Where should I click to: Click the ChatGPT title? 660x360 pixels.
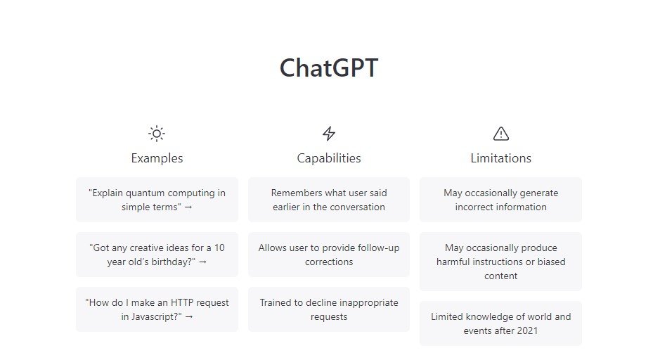(x=329, y=69)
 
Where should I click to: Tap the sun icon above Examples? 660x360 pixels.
(x=157, y=133)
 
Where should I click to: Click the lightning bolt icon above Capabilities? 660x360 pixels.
(x=329, y=133)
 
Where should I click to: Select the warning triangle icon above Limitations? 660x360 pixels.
(x=501, y=133)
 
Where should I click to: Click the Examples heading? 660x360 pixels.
(x=157, y=158)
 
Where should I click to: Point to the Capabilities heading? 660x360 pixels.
(x=329, y=158)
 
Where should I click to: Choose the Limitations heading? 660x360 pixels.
(x=501, y=158)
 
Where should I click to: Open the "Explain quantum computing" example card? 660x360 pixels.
(x=157, y=200)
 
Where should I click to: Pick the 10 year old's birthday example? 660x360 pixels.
(x=157, y=255)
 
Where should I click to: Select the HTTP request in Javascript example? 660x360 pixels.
(x=157, y=309)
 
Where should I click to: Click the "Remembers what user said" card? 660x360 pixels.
(x=329, y=200)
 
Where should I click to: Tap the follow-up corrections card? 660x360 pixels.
(x=329, y=255)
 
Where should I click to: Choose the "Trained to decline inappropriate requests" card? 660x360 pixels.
(x=329, y=309)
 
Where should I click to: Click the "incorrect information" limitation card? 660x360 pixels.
(x=501, y=200)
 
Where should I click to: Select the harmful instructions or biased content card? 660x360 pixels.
(x=501, y=262)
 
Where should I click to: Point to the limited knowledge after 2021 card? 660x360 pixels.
(x=501, y=323)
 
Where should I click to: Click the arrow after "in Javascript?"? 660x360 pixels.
(x=189, y=317)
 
